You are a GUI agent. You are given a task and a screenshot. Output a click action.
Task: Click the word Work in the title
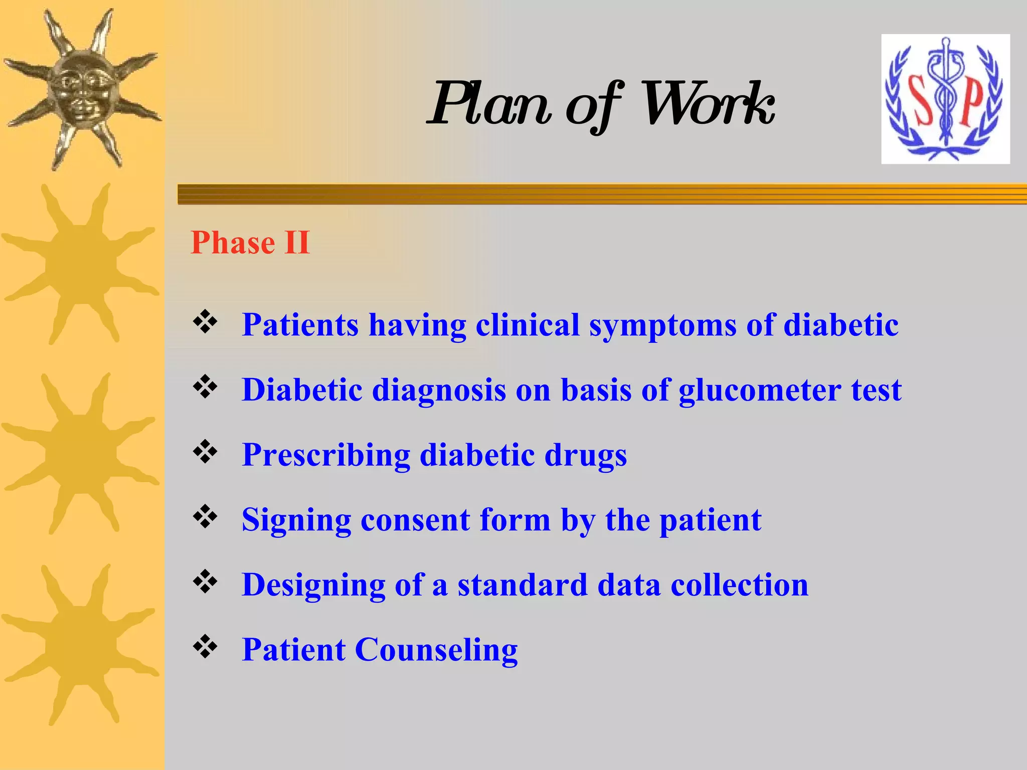(x=707, y=104)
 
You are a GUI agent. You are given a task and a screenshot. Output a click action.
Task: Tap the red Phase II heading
(x=250, y=243)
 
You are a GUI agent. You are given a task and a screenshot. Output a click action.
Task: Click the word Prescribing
(x=326, y=455)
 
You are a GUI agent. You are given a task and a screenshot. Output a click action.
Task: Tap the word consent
(x=415, y=520)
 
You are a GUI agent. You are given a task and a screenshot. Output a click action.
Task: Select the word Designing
(x=313, y=586)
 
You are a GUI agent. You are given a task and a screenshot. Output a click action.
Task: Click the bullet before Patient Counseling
(x=205, y=647)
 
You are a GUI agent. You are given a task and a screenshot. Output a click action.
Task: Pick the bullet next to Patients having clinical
(x=205, y=322)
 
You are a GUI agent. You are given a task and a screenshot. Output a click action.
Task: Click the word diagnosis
(x=439, y=390)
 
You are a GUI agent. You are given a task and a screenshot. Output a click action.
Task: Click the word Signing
(x=296, y=520)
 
